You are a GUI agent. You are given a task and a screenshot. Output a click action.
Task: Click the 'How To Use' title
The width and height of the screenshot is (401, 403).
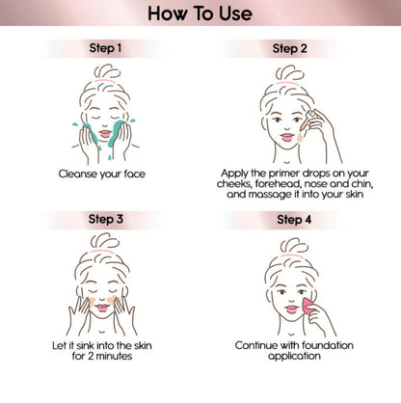pos(200,13)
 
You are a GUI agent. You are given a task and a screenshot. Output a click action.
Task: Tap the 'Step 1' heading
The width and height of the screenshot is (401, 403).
pos(105,48)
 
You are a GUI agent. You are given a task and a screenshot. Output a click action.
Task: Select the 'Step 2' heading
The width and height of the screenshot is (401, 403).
pos(289,48)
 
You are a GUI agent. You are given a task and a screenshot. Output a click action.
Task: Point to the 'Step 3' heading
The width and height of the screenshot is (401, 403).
pos(106,219)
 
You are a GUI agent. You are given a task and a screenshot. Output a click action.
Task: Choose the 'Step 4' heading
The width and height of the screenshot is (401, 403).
pos(294,220)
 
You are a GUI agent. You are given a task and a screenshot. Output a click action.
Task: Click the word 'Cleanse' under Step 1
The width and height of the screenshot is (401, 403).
pos(78,174)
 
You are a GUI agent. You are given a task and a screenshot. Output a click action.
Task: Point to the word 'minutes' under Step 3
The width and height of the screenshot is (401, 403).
pos(114,356)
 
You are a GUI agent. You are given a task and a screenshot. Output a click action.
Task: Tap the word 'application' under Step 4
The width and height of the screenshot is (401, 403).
pos(294,356)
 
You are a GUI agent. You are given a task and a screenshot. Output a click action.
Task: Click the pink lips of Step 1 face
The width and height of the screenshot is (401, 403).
pos(105,133)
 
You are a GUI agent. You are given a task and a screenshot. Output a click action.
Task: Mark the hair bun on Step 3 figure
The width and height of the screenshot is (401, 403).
pos(105,241)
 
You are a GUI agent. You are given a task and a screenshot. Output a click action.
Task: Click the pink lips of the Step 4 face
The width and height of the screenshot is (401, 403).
pos(292,309)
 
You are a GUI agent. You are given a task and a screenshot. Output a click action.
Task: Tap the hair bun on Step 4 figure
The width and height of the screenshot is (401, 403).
pos(294,246)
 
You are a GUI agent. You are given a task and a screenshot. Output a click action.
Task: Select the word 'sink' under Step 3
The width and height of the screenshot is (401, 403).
pos(86,345)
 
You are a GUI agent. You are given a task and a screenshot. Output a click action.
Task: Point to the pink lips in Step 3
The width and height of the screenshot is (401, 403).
pos(102,308)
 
